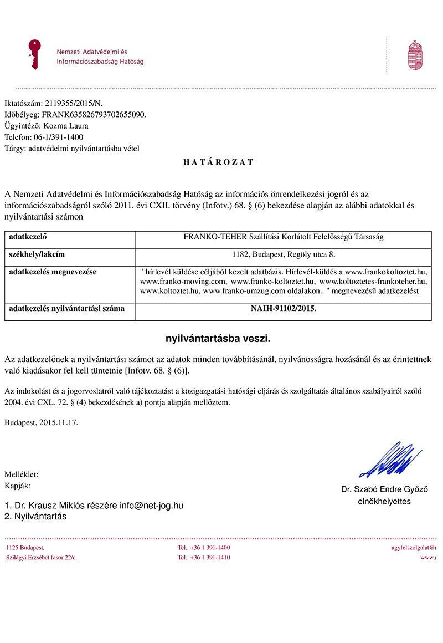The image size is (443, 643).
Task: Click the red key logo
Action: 35,54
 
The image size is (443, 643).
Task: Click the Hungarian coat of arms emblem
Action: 415,55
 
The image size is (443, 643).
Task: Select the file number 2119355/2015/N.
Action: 73,103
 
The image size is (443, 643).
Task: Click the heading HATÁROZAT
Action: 218,162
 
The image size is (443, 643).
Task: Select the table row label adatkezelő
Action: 28,237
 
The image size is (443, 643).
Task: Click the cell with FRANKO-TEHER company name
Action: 284,237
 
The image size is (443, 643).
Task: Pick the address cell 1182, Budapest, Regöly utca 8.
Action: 284,255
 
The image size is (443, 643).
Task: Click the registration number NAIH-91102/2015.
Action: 284,309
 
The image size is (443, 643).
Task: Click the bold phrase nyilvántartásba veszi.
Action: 218,338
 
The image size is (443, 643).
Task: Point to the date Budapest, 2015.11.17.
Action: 42,422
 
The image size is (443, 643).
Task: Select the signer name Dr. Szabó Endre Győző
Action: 384,489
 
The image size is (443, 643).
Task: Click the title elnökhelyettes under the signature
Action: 384,501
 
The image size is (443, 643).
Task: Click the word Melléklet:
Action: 21,474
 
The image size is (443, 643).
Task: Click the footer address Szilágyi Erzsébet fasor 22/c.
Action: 42,557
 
